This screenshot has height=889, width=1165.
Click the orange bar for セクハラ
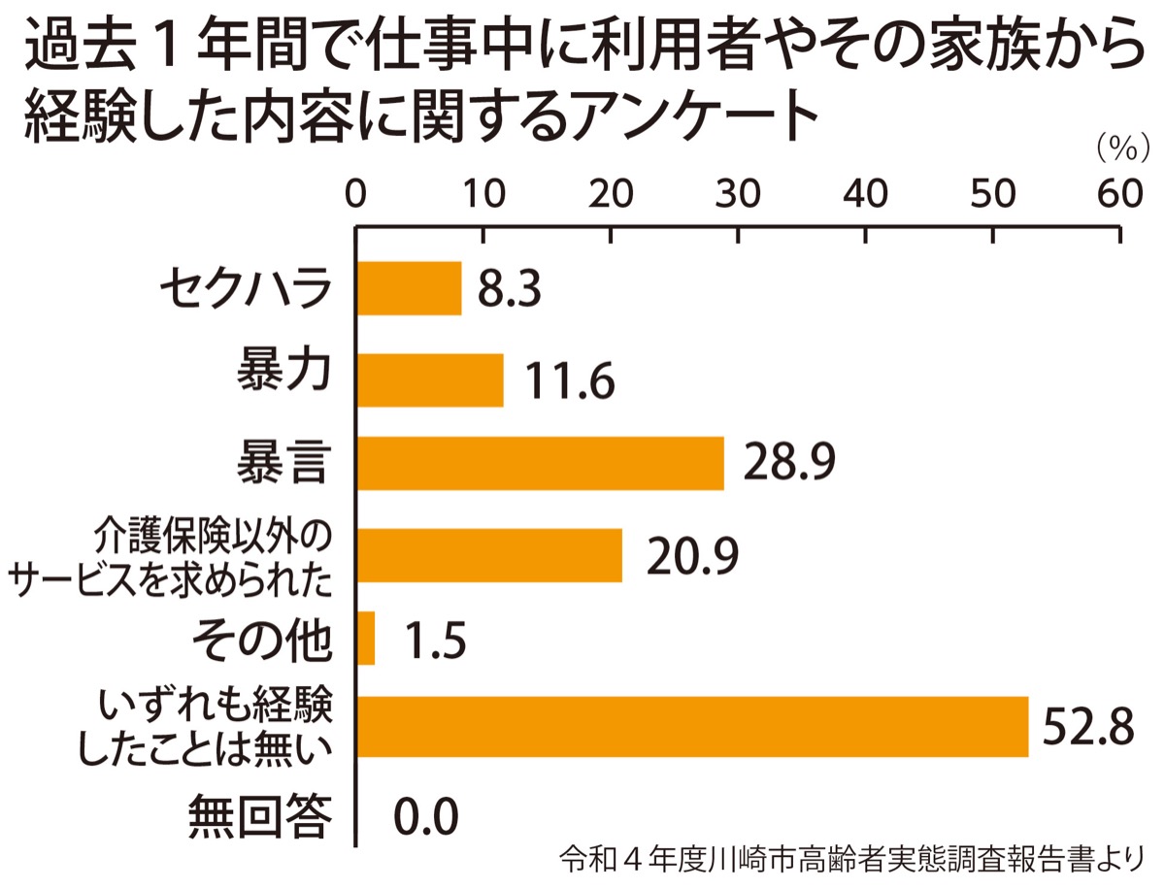click(410, 288)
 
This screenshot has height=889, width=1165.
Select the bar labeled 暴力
click(431, 379)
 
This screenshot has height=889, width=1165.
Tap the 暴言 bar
click(541, 463)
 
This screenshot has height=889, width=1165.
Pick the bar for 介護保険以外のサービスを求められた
click(490, 555)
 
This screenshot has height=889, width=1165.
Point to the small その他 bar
click(367, 639)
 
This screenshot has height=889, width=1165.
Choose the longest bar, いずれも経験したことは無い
click(693, 726)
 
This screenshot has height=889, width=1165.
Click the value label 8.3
click(508, 289)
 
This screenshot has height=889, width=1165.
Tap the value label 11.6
click(570, 380)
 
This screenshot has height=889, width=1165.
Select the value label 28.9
click(789, 463)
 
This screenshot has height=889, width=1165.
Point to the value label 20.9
click(687, 555)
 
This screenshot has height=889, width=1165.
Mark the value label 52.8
click(1087, 726)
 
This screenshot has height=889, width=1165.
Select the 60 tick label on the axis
click(1121, 192)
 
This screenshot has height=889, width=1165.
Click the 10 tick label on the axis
click(483, 192)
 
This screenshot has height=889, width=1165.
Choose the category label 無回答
click(262, 815)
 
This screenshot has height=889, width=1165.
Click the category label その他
click(262, 639)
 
